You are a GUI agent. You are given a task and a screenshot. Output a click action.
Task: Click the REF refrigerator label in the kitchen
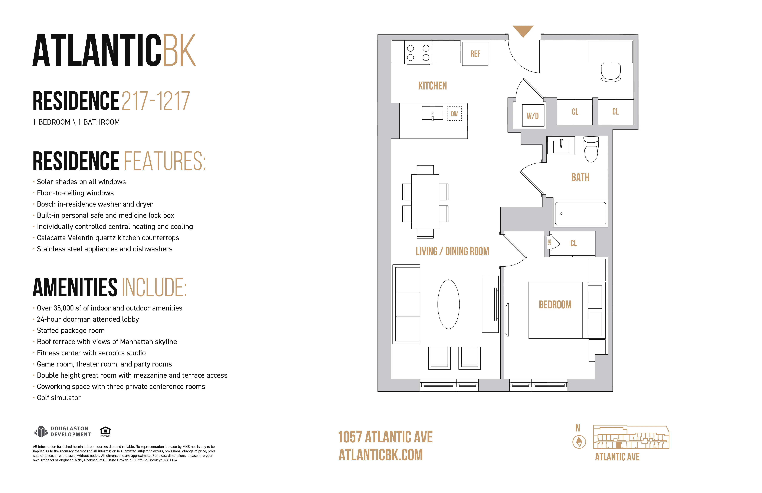tap(475, 54)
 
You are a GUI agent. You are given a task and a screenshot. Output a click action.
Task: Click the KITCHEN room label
tap(432, 86)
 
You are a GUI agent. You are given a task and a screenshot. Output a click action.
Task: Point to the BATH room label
tap(580, 177)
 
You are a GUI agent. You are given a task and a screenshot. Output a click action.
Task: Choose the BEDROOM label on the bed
tap(555, 305)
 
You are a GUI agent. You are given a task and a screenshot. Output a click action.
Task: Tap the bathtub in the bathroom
tap(580, 214)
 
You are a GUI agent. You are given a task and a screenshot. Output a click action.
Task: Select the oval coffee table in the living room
tap(449, 304)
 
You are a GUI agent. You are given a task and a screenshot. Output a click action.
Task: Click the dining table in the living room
tap(425, 202)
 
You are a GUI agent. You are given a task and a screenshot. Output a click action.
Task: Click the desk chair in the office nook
tap(611, 72)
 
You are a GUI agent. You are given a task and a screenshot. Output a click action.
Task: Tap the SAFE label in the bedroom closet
tap(549, 242)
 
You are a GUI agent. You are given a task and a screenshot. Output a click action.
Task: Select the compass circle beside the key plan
tap(579, 442)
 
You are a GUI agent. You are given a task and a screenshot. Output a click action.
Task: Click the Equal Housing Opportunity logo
tap(105, 431)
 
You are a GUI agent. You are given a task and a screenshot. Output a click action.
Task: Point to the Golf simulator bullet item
tap(59, 398)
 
